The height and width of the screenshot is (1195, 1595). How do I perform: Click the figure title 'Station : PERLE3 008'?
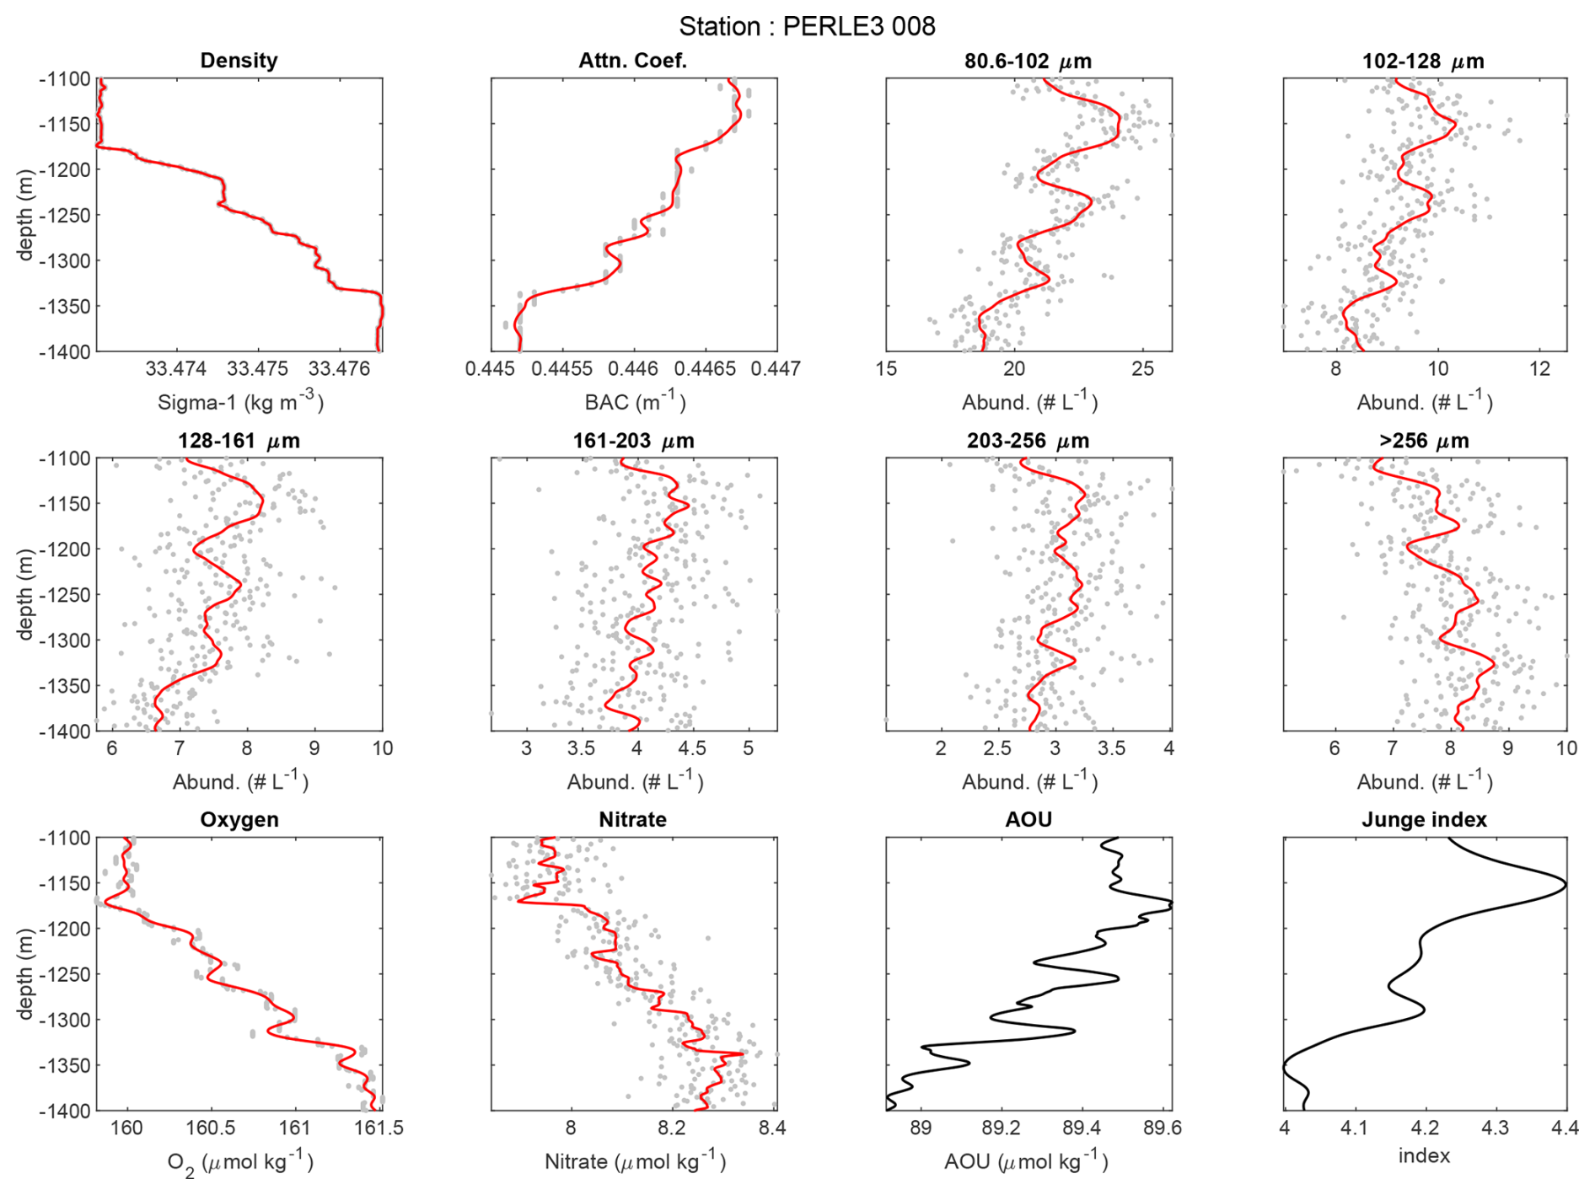(807, 26)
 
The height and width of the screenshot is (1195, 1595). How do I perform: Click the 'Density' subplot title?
(239, 61)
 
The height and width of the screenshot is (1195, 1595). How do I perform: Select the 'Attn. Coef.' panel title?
(632, 61)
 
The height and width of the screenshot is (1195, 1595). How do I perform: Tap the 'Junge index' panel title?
(1424, 820)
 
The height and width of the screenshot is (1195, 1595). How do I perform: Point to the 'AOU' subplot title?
(1028, 820)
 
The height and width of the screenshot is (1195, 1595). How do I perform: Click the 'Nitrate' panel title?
(632, 820)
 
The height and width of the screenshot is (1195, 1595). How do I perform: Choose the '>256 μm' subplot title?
(1424, 441)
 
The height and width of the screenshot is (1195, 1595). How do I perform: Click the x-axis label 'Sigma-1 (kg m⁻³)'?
(240, 402)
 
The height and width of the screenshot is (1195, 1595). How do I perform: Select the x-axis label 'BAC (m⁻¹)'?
(635, 402)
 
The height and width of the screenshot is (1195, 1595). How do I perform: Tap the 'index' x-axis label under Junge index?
(1424, 1155)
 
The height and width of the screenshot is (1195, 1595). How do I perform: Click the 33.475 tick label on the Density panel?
(257, 369)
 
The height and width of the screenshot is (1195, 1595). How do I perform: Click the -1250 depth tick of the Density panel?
(64, 215)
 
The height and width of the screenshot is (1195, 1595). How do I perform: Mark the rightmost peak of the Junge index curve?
(1565, 885)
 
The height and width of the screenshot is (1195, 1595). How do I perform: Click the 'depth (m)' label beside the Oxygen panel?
(25, 973)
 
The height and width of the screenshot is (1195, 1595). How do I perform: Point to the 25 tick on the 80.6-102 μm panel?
(1142, 369)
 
